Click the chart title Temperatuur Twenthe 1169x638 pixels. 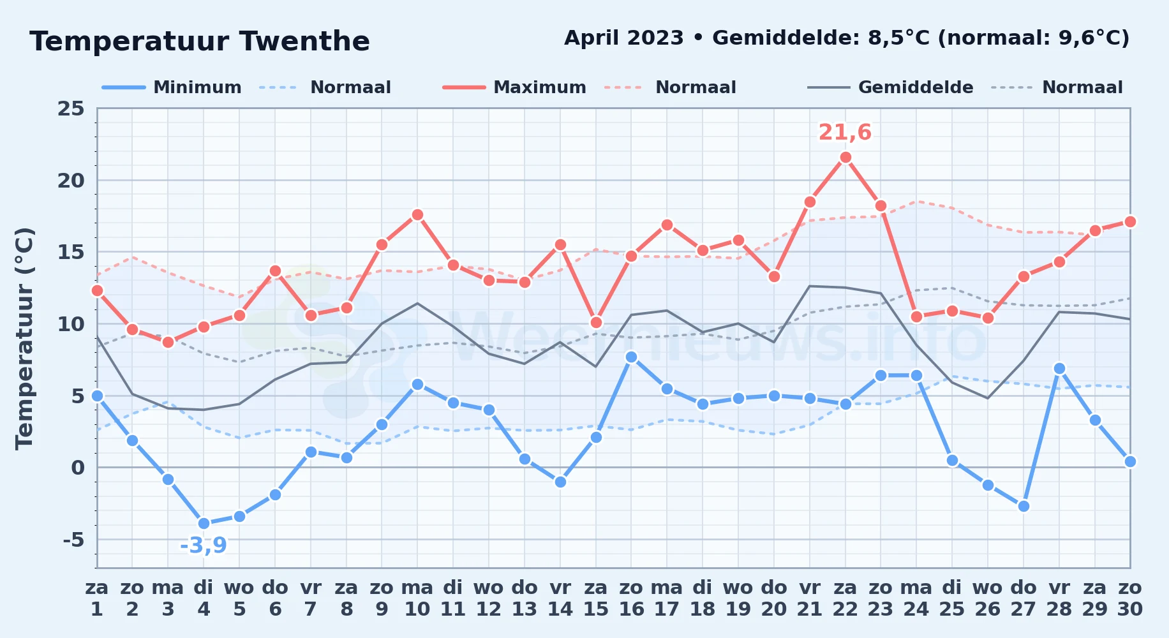pos(200,41)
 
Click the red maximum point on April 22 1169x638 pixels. pos(845,158)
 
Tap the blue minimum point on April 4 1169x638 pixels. pos(204,524)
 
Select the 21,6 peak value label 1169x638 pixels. pos(845,132)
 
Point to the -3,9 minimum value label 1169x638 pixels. pos(204,545)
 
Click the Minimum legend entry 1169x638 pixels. pos(172,87)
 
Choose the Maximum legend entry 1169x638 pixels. pos(514,87)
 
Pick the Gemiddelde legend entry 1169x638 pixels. pos(891,87)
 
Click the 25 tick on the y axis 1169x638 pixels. pos(71,108)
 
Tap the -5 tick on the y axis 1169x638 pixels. pos(73,540)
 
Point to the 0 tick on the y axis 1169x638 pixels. pos(78,468)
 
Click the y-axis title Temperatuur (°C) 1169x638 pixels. pos(24,338)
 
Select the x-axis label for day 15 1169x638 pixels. pos(596,598)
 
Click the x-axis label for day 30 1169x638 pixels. pos(1130,598)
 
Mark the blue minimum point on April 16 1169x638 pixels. pos(632,357)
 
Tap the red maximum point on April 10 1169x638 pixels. pos(417,215)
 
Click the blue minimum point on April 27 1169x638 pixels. pos(1024,507)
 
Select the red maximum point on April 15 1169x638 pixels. pos(596,323)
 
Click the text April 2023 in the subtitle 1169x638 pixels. pos(624,38)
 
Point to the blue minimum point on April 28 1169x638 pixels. pos(1059,369)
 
